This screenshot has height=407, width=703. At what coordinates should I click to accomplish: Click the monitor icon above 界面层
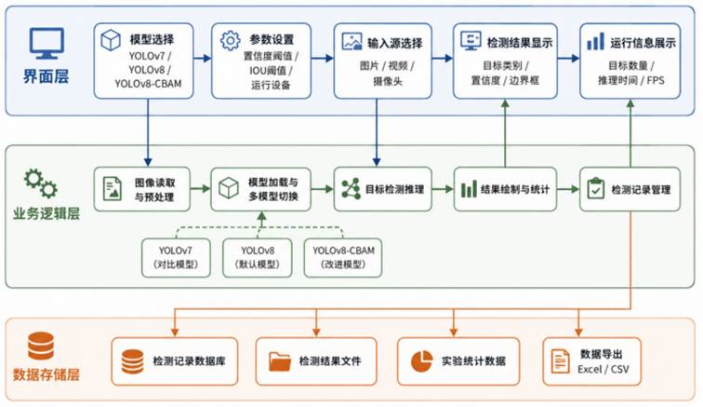(46, 43)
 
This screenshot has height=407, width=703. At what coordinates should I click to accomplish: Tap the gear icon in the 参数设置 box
(230, 41)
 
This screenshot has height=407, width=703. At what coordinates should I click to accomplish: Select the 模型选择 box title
(152, 39)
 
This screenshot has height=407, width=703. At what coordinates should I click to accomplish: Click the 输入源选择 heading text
(395, 43)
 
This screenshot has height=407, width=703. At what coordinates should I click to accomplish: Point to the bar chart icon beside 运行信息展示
(595, 41)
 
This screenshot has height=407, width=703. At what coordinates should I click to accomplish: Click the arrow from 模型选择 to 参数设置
(202, 58)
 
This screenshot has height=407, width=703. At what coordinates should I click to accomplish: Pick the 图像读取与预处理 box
(142, 189)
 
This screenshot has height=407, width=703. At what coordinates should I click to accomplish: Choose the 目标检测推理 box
(383, 189)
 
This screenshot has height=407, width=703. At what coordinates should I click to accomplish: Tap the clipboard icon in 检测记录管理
(595, 189)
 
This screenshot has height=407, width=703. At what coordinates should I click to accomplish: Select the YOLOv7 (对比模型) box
(176, 257)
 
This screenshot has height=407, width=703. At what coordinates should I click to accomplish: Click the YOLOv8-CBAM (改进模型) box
(343, 257)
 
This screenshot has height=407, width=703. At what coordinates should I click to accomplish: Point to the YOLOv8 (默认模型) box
(258, 257)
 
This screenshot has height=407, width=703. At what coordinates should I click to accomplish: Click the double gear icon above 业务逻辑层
(41, 183)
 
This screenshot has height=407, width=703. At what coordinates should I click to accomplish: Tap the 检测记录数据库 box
(175, 361)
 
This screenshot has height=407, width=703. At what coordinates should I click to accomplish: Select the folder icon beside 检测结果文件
(280, 361)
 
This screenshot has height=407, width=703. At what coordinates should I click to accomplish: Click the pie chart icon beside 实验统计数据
(421, 361)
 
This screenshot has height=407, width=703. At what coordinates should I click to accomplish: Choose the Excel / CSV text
(603, 369)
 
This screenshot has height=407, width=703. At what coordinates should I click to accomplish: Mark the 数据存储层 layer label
(46, 374)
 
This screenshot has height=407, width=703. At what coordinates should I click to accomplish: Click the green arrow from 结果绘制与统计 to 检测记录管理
(568, 189)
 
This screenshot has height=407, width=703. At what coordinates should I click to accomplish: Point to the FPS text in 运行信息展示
(656, 80)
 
